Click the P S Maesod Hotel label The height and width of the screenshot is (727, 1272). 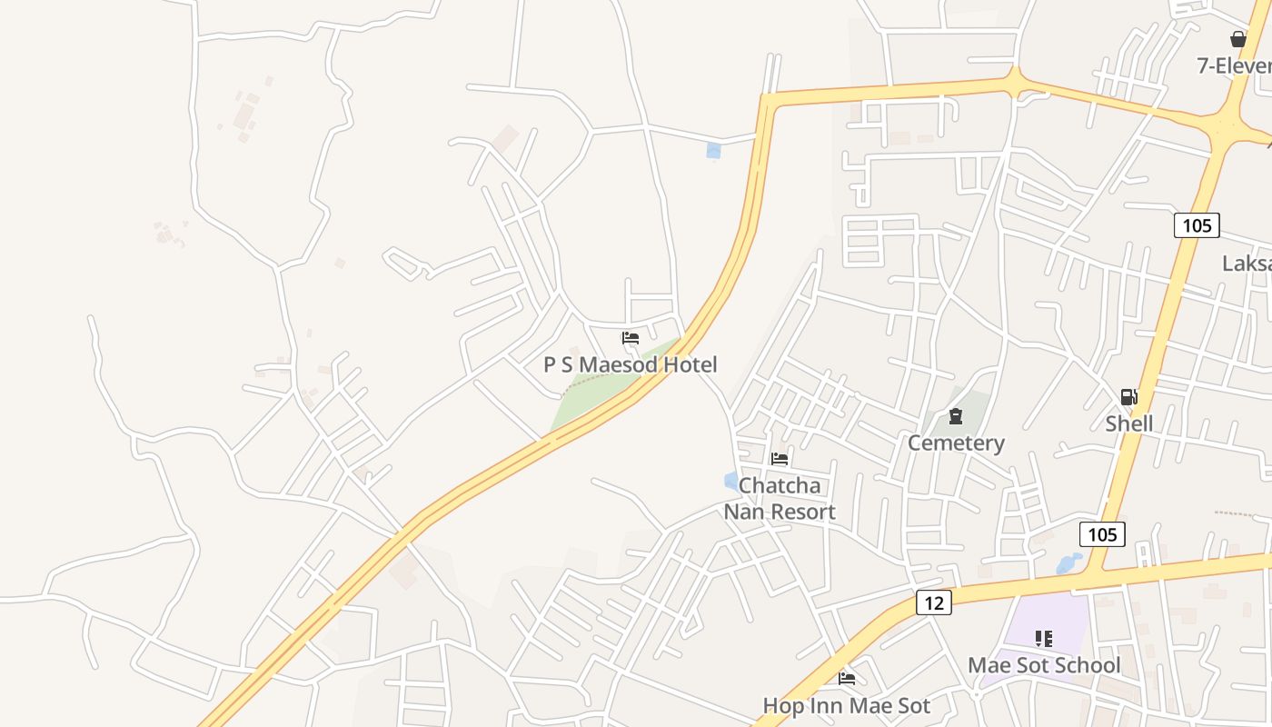(x=631, y=364)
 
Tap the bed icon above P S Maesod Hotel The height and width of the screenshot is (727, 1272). (x=631, y=338)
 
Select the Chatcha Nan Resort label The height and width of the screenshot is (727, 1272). (x=780, y=498)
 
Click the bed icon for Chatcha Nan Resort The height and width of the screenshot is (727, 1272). (x=780, y=459)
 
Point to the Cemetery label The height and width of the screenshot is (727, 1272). (x=956, y=443)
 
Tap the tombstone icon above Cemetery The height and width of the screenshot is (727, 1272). (x=956, y=416)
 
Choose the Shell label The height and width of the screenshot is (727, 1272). (x=1129, y=423)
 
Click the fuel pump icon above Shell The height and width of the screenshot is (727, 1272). (x=1128, y=397)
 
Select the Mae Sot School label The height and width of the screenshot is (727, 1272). (x=1044, y=664)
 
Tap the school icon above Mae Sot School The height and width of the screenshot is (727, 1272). (x=1044, y=639)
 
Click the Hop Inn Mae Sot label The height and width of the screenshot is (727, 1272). (x=847, y=705)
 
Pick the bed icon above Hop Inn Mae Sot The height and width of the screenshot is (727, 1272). (x=847, y=678)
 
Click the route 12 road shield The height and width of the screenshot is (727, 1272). (x=933, y=602)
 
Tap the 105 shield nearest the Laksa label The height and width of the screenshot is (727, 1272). (x=1197, y=224)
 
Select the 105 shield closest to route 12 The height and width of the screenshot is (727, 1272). (x=1102, y=533)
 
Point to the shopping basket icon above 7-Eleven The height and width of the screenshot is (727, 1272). (x=1237, y=39)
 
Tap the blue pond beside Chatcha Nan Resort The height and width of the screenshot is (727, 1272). (x=731, y=481)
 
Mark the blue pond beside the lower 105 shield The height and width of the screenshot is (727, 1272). (x=1069, y=564)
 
